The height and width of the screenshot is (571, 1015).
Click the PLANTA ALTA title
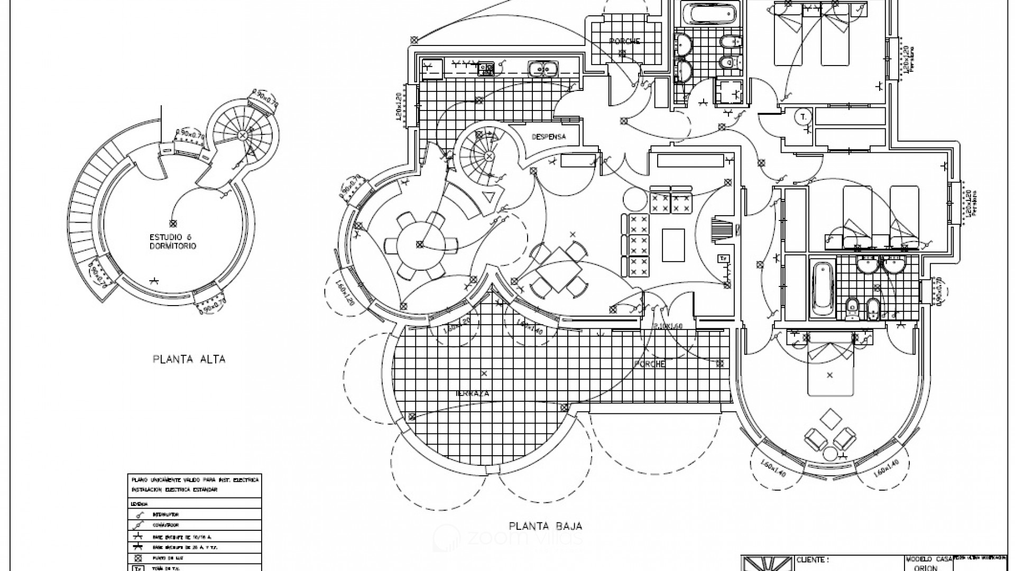pyautogui.click(x=189, y=360)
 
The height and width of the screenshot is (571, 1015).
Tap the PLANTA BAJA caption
pyautogui.click(x=545, y=526)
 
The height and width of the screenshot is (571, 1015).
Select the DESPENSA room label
pyautogui.click(x=549, y=136)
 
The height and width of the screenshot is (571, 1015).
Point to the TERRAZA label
pyautogui.click(x=473, y=394)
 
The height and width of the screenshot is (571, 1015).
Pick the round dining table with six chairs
pyautogui.click(x=421, y=244)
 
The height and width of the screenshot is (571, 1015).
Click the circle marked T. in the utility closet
pyautogui.click(x=803, y=117)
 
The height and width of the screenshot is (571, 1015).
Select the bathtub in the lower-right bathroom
pyautogui.click(x=821, y=289)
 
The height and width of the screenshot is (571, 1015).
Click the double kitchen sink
pyautogui.click(x=542, y=68)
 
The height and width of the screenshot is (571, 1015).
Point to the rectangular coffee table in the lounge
pyautogui.click(x=672, y=245)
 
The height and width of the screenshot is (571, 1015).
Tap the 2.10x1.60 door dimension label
pyautogui.click(x=668, y=326)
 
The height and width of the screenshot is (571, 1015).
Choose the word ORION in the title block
pyautogui.click(x=927, y=568)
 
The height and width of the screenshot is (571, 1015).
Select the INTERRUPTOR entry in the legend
pyautogui.click(x=165, y=514)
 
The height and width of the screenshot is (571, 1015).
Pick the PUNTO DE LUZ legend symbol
pyautogui.click(x=138, y=558)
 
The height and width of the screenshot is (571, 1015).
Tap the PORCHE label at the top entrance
pyautogui.click(x=624, y=41)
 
